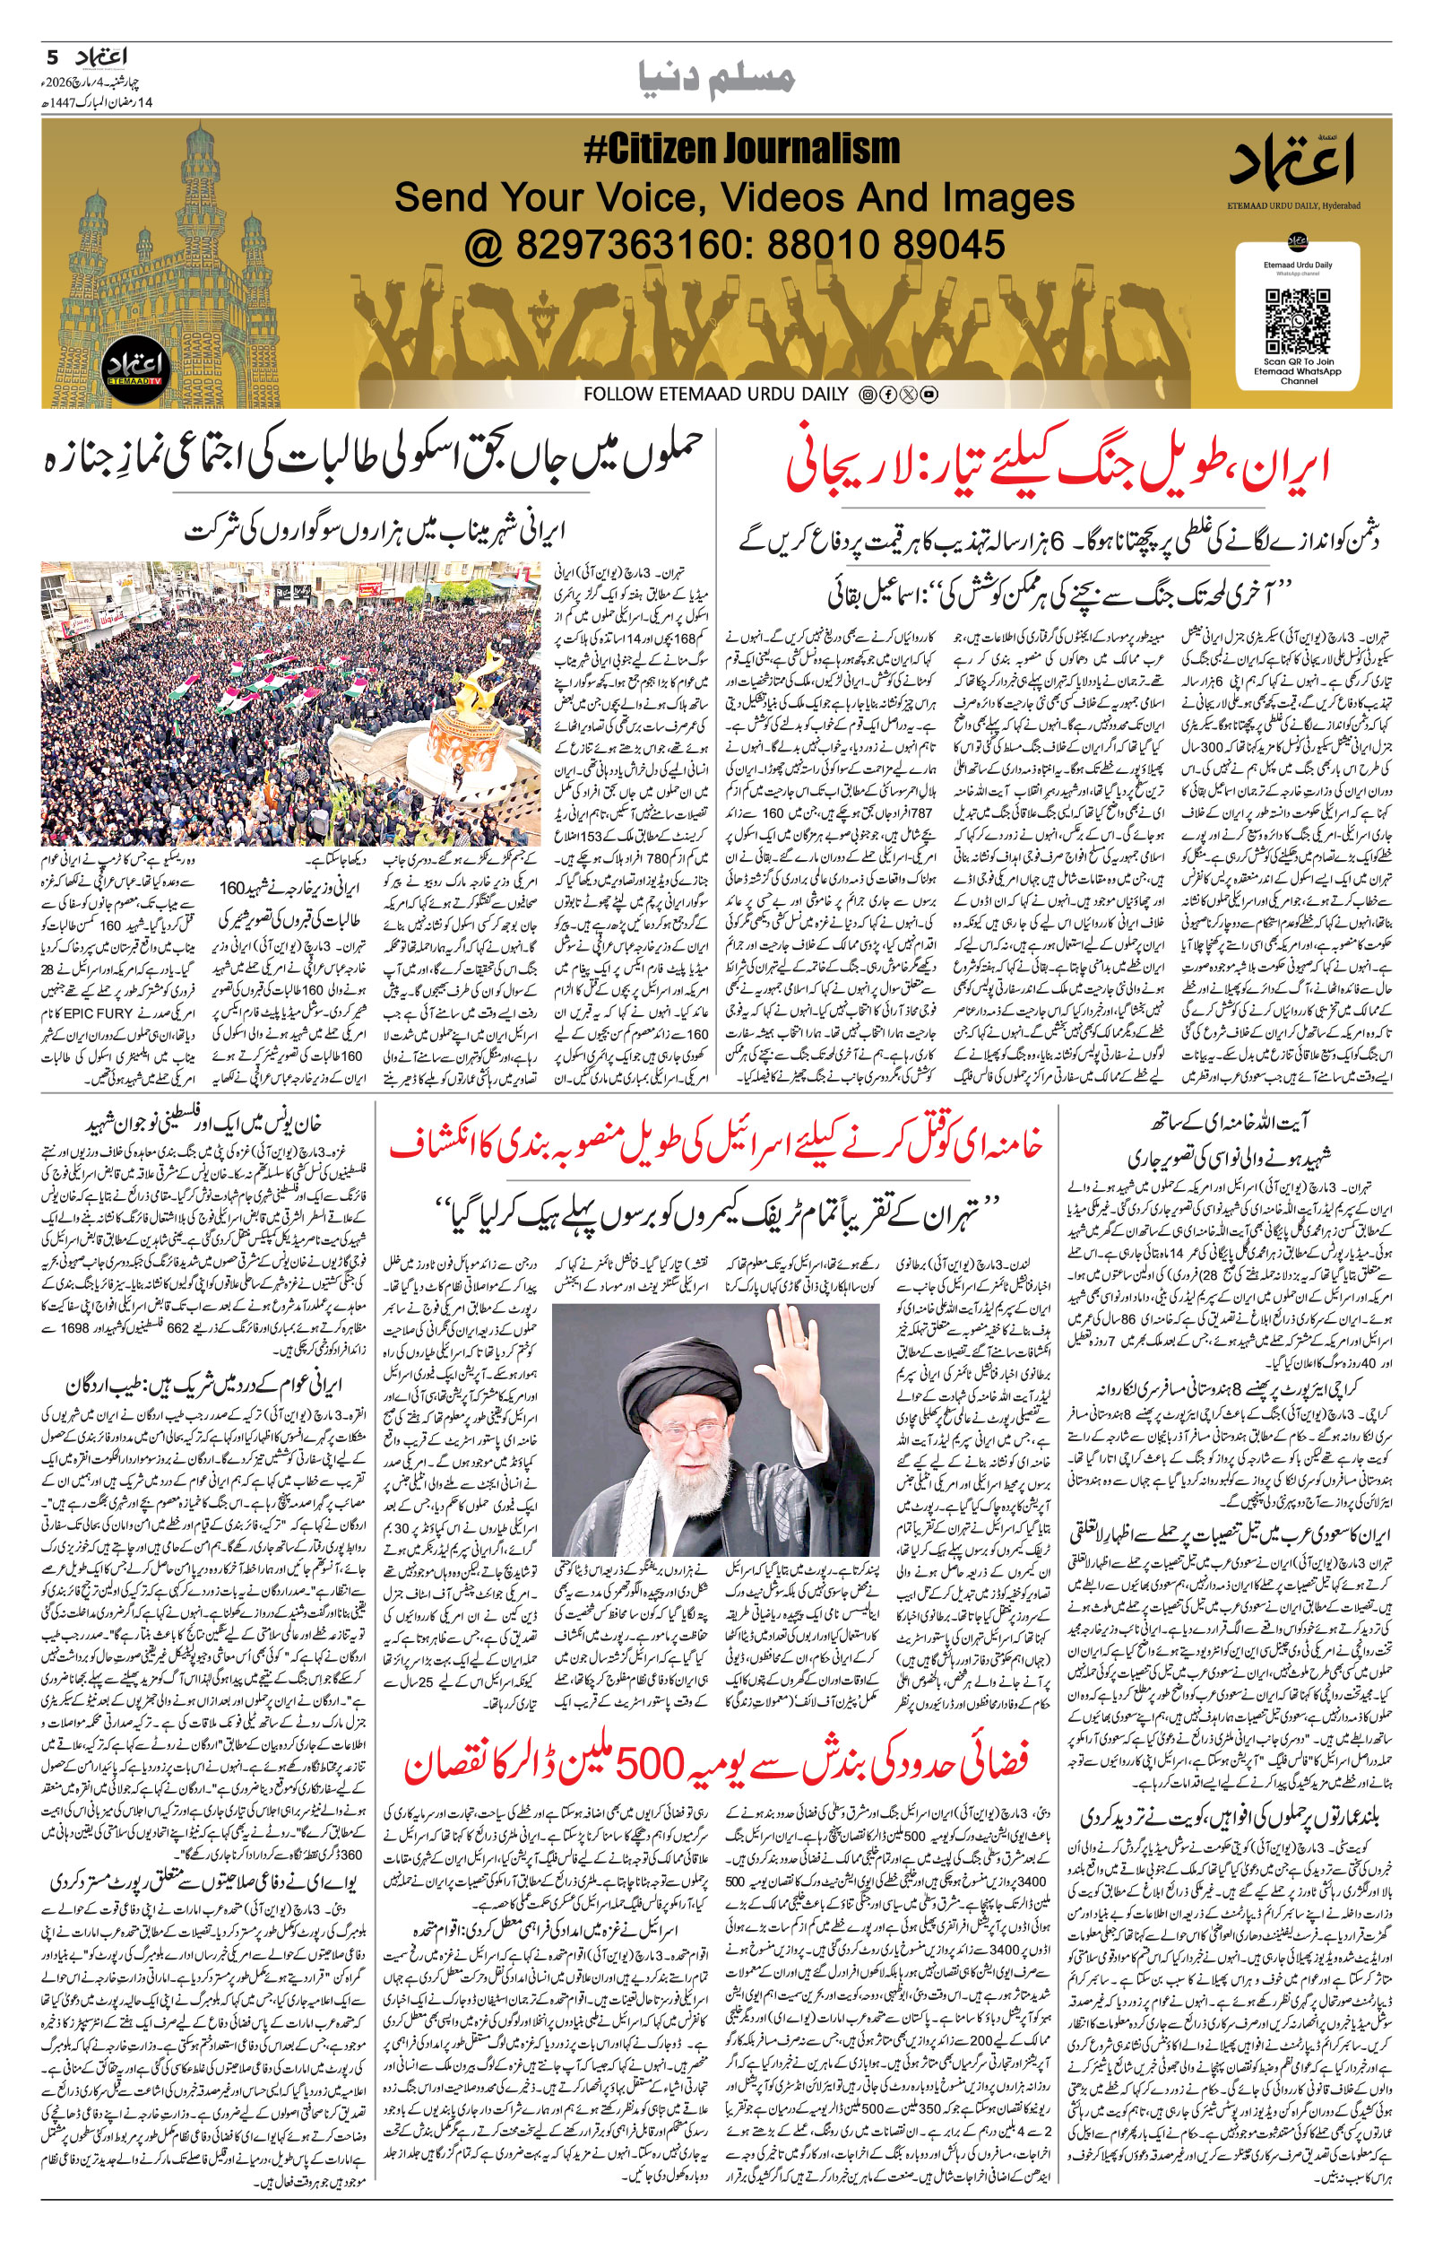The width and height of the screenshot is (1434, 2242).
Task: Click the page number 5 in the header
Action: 52,57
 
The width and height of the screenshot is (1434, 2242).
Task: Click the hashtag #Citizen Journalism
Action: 741,149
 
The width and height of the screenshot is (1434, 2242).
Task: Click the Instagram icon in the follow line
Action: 868,395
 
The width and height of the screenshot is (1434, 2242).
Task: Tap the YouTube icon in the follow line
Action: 929,395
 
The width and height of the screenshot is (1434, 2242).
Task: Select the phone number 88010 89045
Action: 885,245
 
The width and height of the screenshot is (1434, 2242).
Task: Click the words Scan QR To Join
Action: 1298,361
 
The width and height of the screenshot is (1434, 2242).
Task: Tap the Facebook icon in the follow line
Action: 888,395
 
